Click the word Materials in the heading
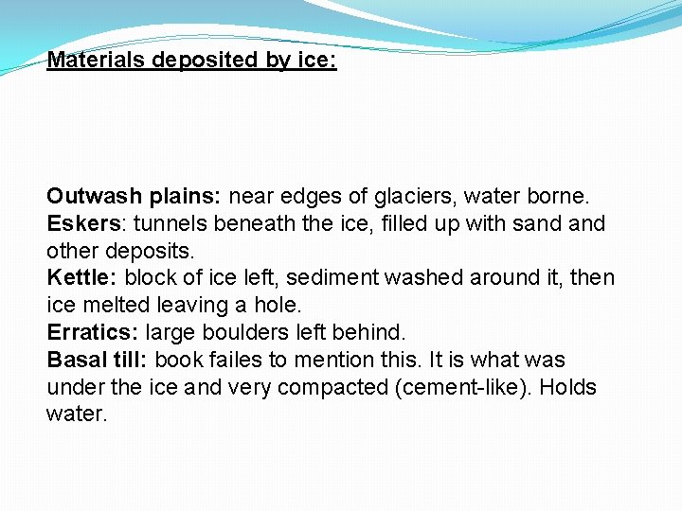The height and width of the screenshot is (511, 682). (98, 61)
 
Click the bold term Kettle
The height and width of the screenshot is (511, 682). (79, 278)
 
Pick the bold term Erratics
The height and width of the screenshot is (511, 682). (90, 333)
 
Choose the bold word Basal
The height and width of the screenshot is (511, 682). (76, 360)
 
